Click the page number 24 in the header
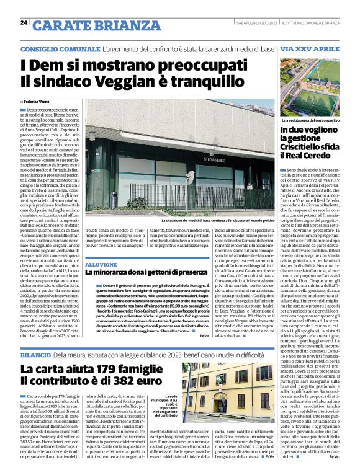pyautogui.click(x=23, y=23)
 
